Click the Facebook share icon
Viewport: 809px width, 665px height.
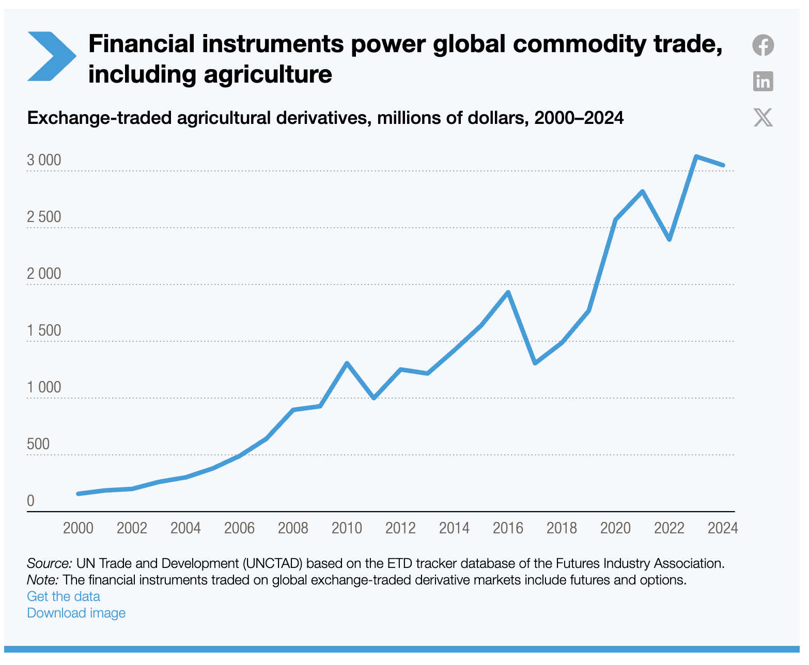pyautogui.click(x=763, y=45)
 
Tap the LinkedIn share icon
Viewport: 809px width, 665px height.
pyautogui.click(x=763, y=82)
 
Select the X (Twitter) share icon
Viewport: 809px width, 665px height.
pyautogui.click(x=763, y=117)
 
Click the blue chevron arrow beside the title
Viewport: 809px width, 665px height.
pyautogui.click(x=51, y=56)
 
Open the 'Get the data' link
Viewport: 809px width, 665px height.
pyautogui.click(x=64, y=596)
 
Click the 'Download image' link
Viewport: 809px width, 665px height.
pyautogui.click(x=76, y=613)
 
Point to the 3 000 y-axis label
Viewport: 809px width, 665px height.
pyautogui.click(x=44, y=160)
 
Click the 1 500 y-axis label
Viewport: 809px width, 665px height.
pyautogui.click(x=44, y=330)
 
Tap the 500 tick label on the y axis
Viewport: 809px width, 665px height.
pyautogui.click(x=38, y=444)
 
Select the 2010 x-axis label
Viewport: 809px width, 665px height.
pyautogui.click(x=347, y=528)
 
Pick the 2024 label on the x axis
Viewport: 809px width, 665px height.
pyautogui.click(x=723, y=528)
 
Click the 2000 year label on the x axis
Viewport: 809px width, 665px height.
pyautogui.click(x=78, y=528)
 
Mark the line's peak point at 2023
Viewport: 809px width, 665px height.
pyautogui.click(x=696, y=156)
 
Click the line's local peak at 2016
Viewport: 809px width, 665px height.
pyautogui.click(x=508, y=293)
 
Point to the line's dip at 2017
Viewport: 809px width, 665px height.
pyautogui.click(x=535, y=363)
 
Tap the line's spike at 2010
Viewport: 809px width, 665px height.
pyautogui.click(x=347, y=363)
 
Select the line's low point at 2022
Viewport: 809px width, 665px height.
pyautogui.click(x=669, y=240)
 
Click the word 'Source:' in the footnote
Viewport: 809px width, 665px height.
pyautogui.click(x=49, y=563)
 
